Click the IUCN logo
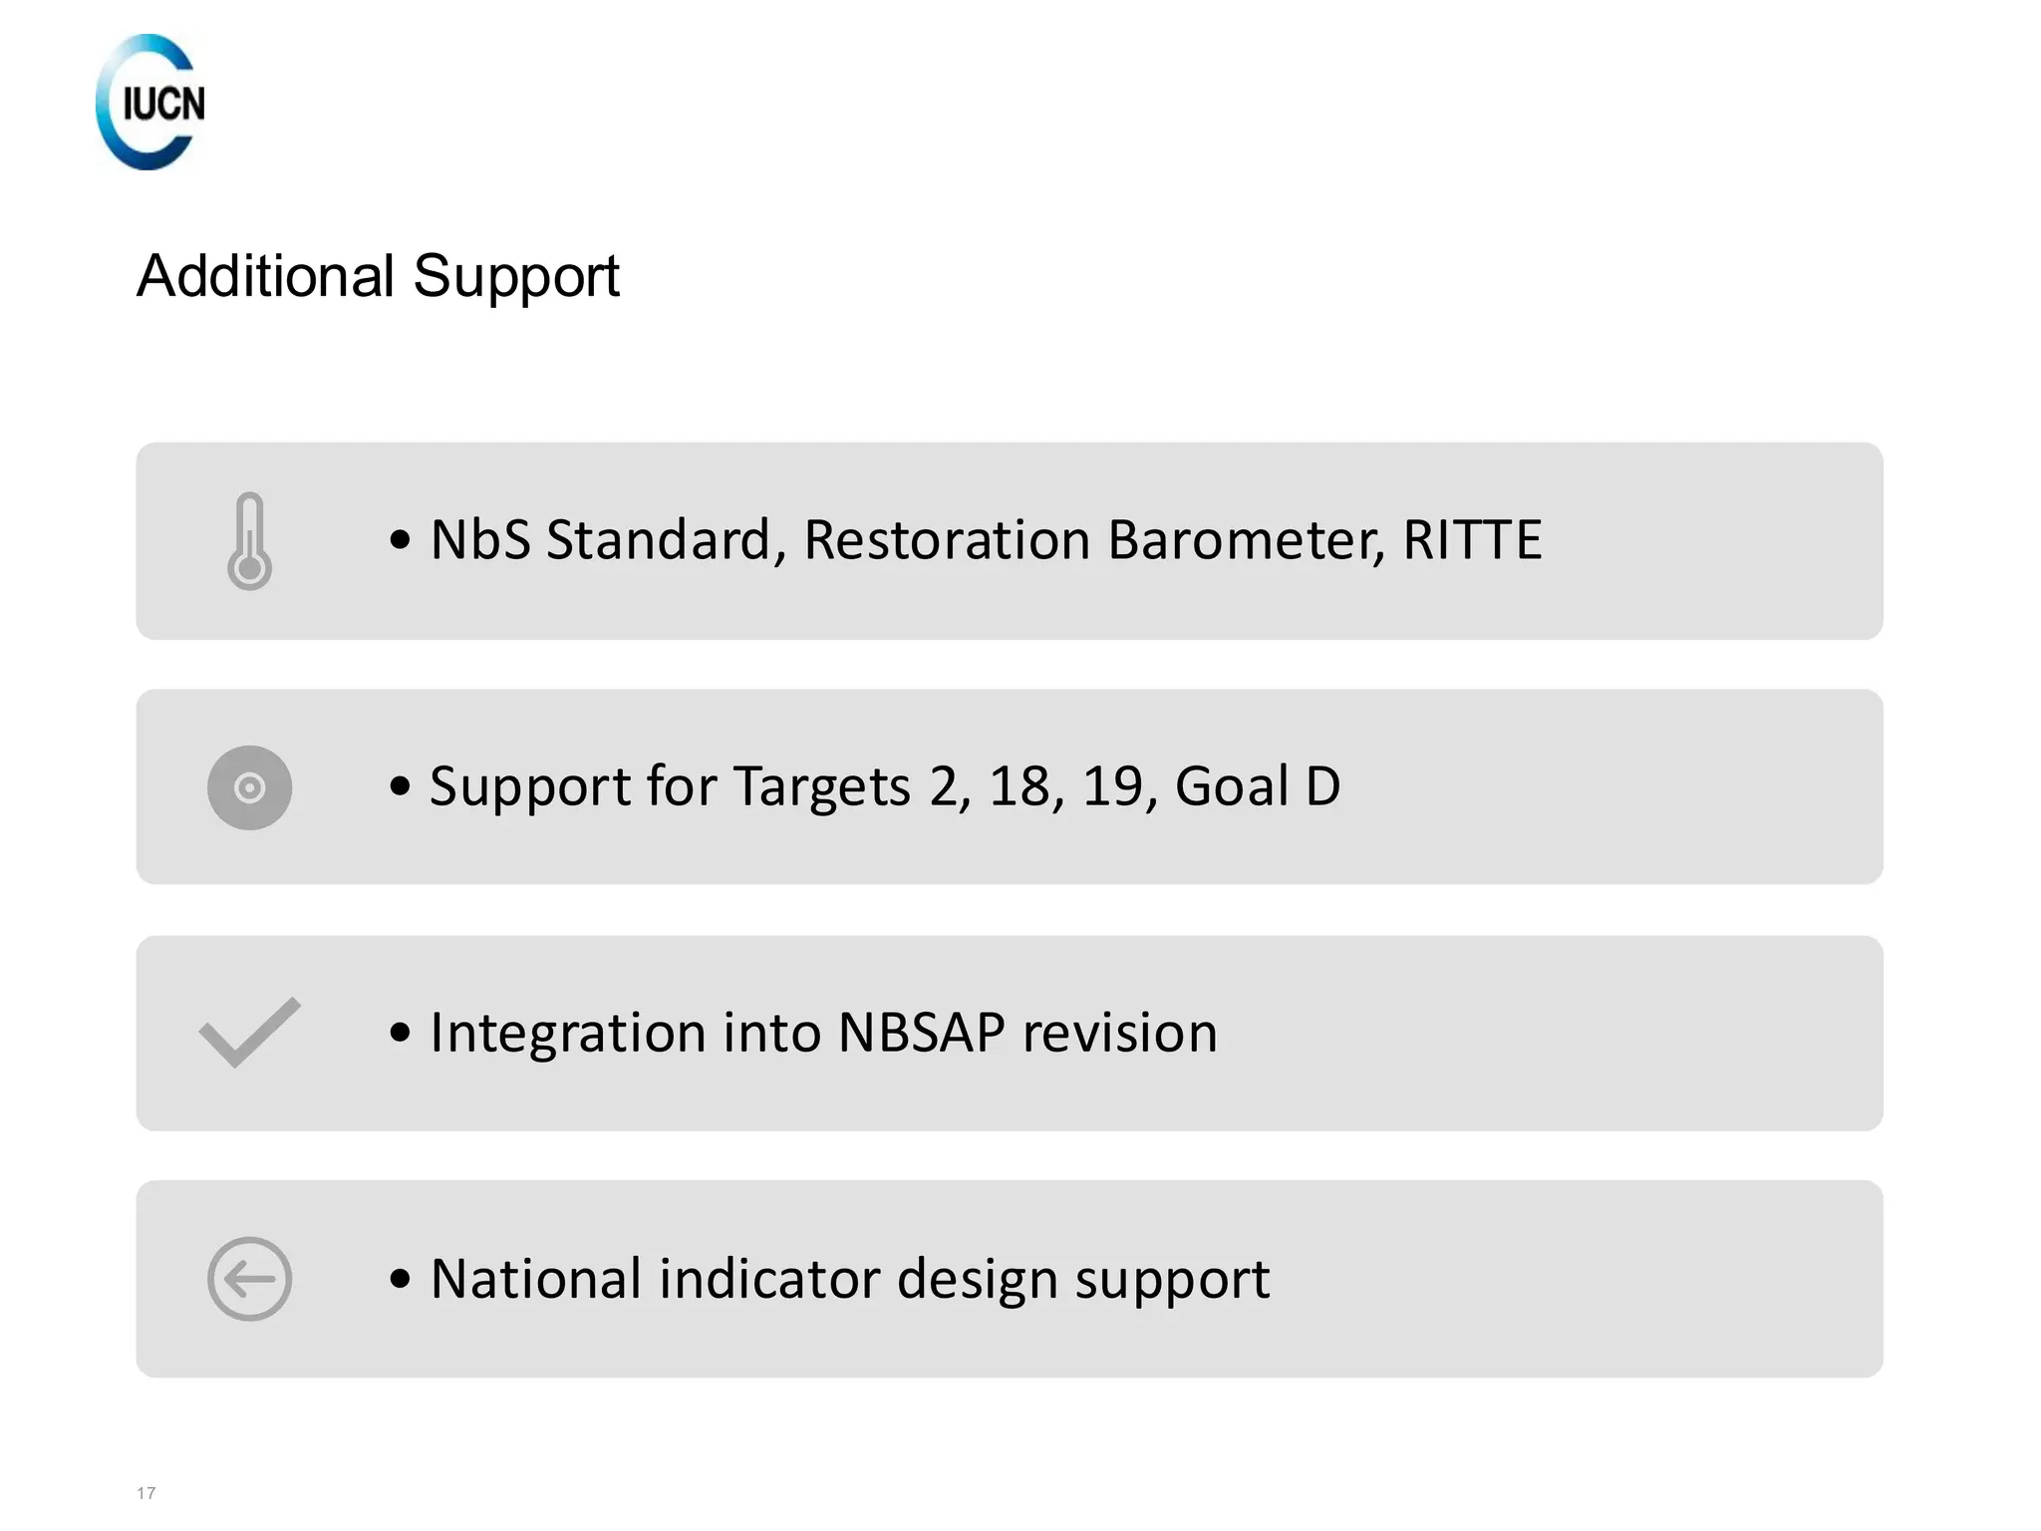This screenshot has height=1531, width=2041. coord(150,102)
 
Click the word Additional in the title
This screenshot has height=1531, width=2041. coord(265,276)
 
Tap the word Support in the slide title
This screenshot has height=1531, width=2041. coord(515,278)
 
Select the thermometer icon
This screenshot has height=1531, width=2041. coord(249,540)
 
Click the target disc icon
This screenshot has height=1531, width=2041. coord(249,787)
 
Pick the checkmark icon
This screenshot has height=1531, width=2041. coord(249,1033)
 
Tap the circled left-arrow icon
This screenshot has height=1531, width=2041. coord(249,1279)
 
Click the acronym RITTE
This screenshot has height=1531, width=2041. coord(1472,540)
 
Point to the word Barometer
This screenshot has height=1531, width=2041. coord(1246,540)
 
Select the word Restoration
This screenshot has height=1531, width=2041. coord(947,540)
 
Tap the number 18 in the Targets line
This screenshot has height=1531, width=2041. coord(1019,786)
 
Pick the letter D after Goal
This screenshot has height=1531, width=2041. coord(1322,786)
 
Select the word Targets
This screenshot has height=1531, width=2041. coord(821,787)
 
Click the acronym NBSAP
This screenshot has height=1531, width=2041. coord(921,1033)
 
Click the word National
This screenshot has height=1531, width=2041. coord(535,1279)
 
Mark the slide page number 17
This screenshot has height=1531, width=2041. coord(146,1493)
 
